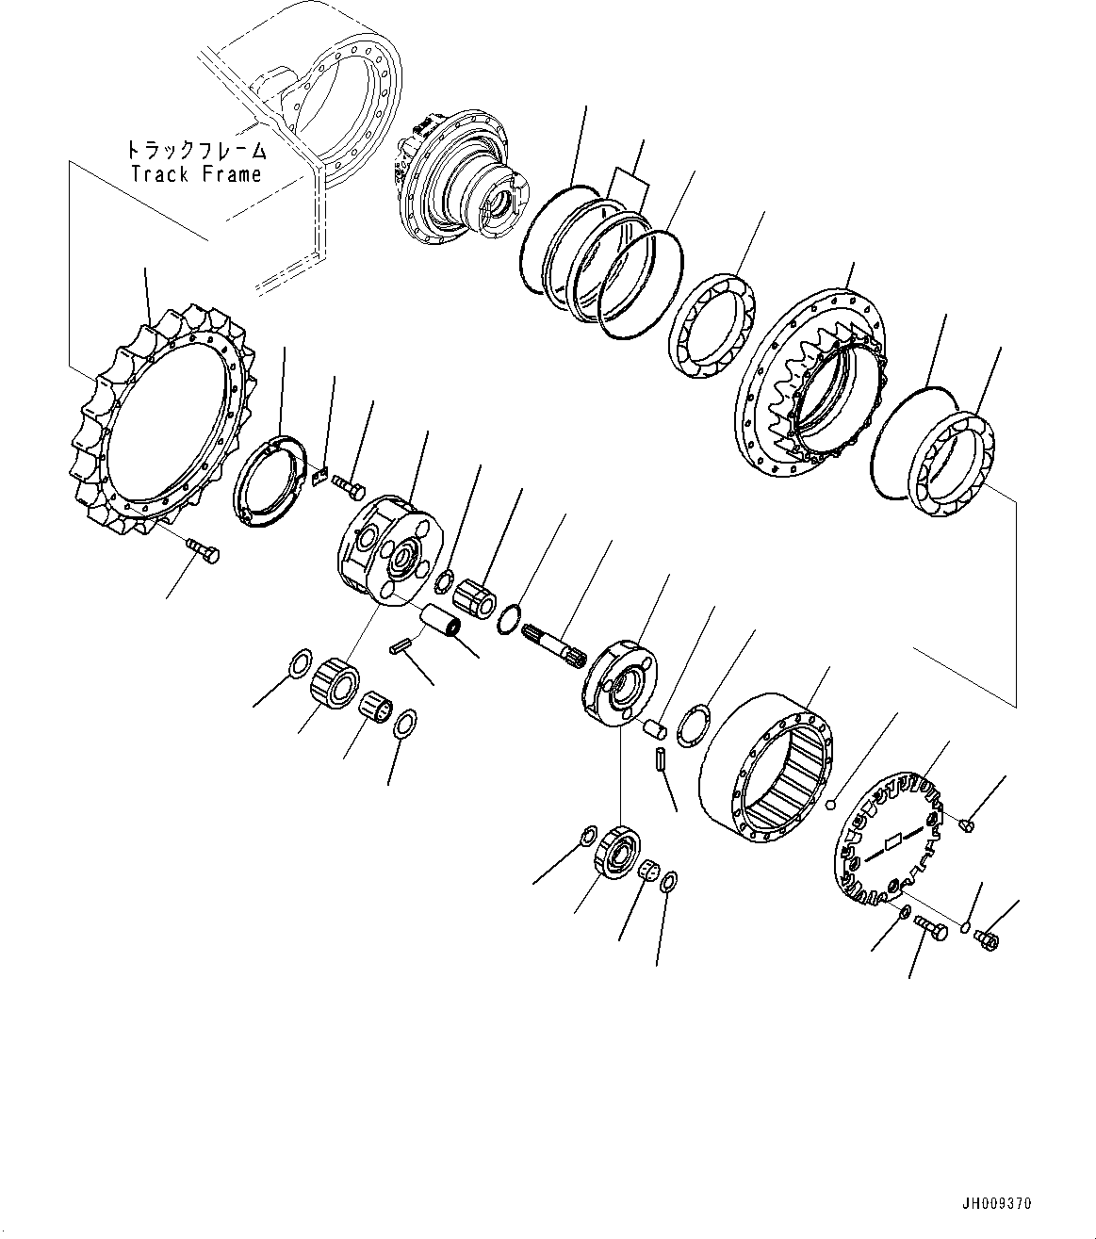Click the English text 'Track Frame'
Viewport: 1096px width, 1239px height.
coord(196,174)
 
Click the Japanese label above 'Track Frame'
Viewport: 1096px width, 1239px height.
coord(196,151)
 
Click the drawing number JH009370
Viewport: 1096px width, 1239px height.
coord(997,1204)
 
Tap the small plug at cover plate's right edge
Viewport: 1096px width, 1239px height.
coord(966,824)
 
